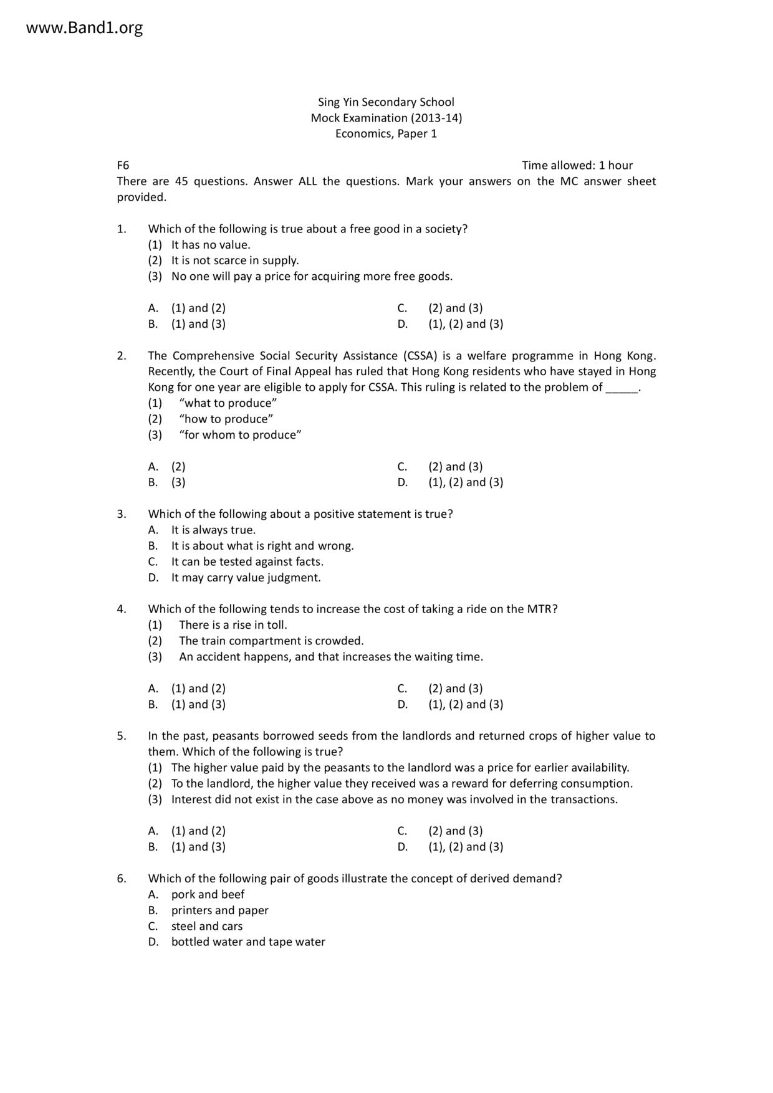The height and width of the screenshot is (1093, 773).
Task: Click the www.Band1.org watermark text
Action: [x=84, y=28]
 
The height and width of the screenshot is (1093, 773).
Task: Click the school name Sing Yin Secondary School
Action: [x=386, y=102]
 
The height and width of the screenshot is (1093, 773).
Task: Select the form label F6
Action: [x=123, y=165]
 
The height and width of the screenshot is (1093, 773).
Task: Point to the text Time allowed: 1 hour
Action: [x=577, y=165]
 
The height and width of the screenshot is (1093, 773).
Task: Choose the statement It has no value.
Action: [x=211, y=245]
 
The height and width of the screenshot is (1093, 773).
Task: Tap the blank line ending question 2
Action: [x=622, y=388]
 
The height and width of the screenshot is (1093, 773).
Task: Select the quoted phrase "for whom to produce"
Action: [x=240, y=435]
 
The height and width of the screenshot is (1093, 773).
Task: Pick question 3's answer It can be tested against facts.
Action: [x=247, y=561]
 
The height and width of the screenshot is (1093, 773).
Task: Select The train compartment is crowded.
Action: [x=271, y=641]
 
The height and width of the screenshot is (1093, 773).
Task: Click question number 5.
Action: [x=121, y=736]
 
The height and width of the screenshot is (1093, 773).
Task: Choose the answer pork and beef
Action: [x=208, y=894]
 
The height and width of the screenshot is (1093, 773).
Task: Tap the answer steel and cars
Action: [x=207, y=926]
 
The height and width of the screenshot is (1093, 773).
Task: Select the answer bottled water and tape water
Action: [x=248, y=942]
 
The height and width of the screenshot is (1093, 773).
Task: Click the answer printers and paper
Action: [x=219, y=910]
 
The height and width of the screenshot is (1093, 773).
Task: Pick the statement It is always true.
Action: [x=213, y=530]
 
